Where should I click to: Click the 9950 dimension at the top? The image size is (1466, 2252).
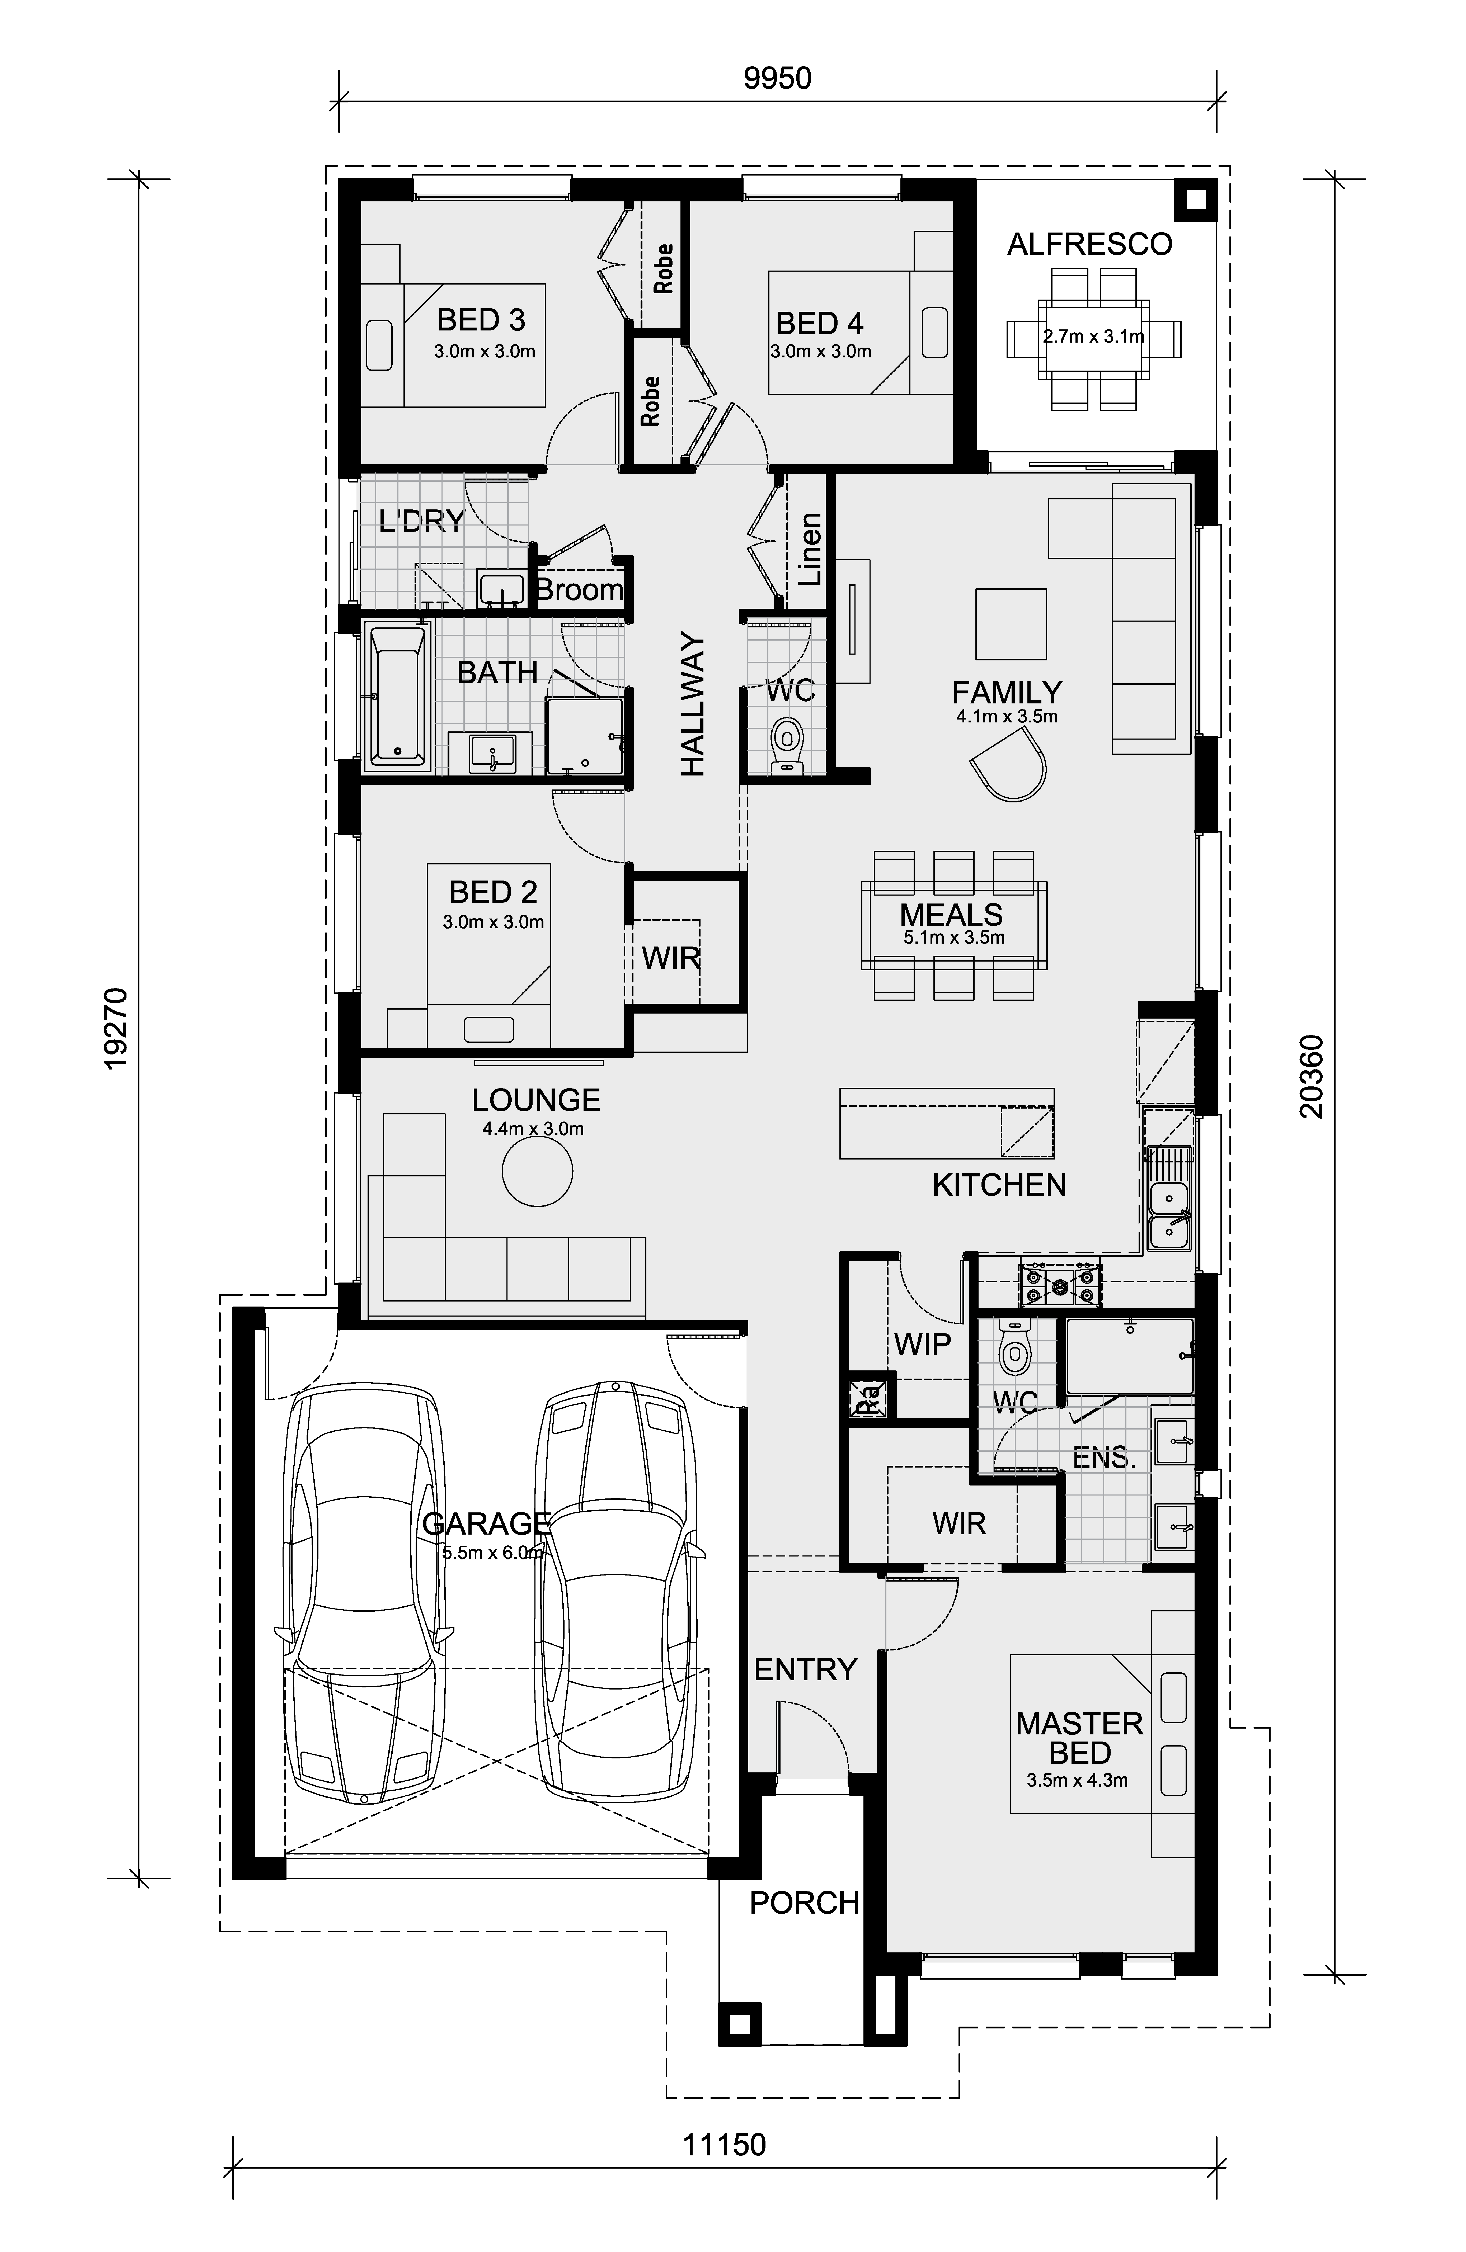click(x=777, y=78)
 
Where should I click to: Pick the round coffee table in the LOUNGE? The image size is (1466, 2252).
click(x=537, y=1171)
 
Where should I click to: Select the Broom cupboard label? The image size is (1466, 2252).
click(x=579, y=590)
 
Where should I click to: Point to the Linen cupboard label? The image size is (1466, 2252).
click(x=810, y=549)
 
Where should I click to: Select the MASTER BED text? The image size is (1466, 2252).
click(x=1079, y=1737)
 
